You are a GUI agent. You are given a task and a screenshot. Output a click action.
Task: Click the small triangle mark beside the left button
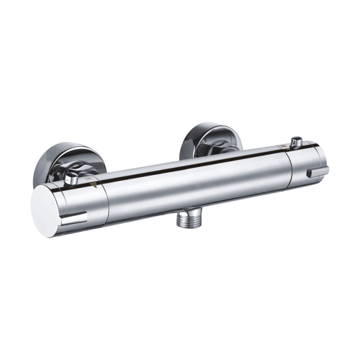pyautogui.click(x=92, y=185)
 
